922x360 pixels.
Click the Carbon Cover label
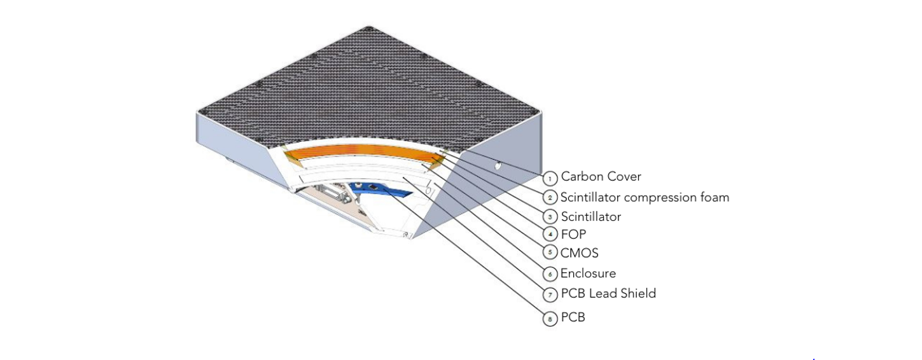[x=601, y=177]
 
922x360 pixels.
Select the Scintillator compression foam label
[x=645, y=197]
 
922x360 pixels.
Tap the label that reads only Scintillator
[x=590, y=217]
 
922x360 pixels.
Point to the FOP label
[x=573, y=235]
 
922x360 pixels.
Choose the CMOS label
[x=579, y=253]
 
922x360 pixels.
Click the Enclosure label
[x=588, y=273]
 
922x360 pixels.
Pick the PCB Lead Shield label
[x=608, y=293]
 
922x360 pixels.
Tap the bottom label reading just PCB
[x=573, y=317]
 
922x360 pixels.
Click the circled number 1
[x=550, y=177]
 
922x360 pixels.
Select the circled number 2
[x=550, y=197]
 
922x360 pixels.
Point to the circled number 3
[x=550, y=217]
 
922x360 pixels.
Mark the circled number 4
[x=550, y=235]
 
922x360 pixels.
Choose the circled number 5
[x=550, y=253]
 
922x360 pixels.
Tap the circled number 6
[x=550, y=273]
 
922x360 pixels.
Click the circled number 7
[x=550, y=294]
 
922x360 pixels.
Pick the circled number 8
[x=550, y=317]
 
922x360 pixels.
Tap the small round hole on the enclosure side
[x=498, y=167]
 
